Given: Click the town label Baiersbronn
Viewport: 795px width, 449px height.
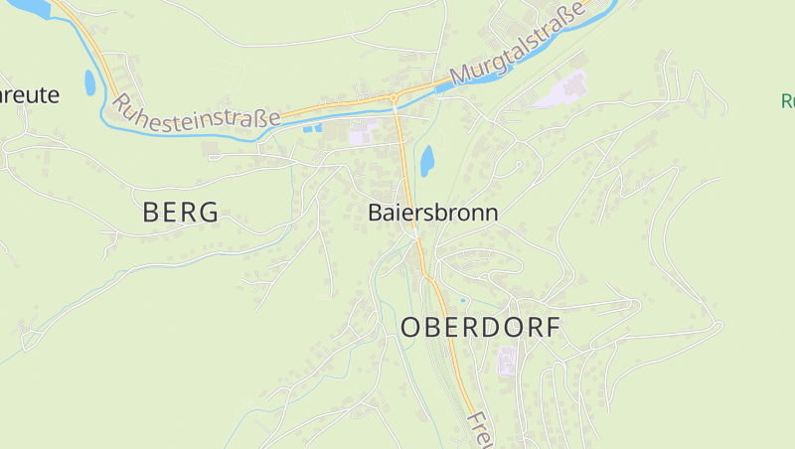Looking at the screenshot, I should (x=432, y=213).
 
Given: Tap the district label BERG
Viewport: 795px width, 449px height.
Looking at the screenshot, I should (x=180, y=212).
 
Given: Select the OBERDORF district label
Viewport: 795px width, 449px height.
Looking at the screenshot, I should (x=481, y=328).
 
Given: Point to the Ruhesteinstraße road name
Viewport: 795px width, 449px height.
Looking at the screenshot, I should (x=195, y=111).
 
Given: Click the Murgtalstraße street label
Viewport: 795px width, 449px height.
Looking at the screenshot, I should (x=517, y=46).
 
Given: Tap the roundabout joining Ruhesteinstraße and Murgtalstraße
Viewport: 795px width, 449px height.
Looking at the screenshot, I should (x=395, y=97).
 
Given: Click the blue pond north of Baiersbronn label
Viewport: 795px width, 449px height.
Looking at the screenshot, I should (x=427, y=160).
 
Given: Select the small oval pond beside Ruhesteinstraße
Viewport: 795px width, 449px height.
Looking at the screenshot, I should (x=90, y=82).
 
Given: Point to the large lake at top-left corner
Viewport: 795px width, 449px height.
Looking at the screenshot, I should (x=25, y=8).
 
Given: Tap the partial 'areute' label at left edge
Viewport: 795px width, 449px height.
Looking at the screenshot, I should (x=30, y=95).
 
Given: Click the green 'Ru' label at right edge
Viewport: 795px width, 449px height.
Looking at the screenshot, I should (x=787, y=100).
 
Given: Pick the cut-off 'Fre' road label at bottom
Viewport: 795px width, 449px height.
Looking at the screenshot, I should (x=480, y=430).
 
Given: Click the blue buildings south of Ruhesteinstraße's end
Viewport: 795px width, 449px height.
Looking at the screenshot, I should (x=312, y=128).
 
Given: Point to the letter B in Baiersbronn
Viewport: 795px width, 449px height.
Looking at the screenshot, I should (x=376, y=213).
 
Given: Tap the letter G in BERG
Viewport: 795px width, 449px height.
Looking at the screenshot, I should (x=208, y=212).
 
